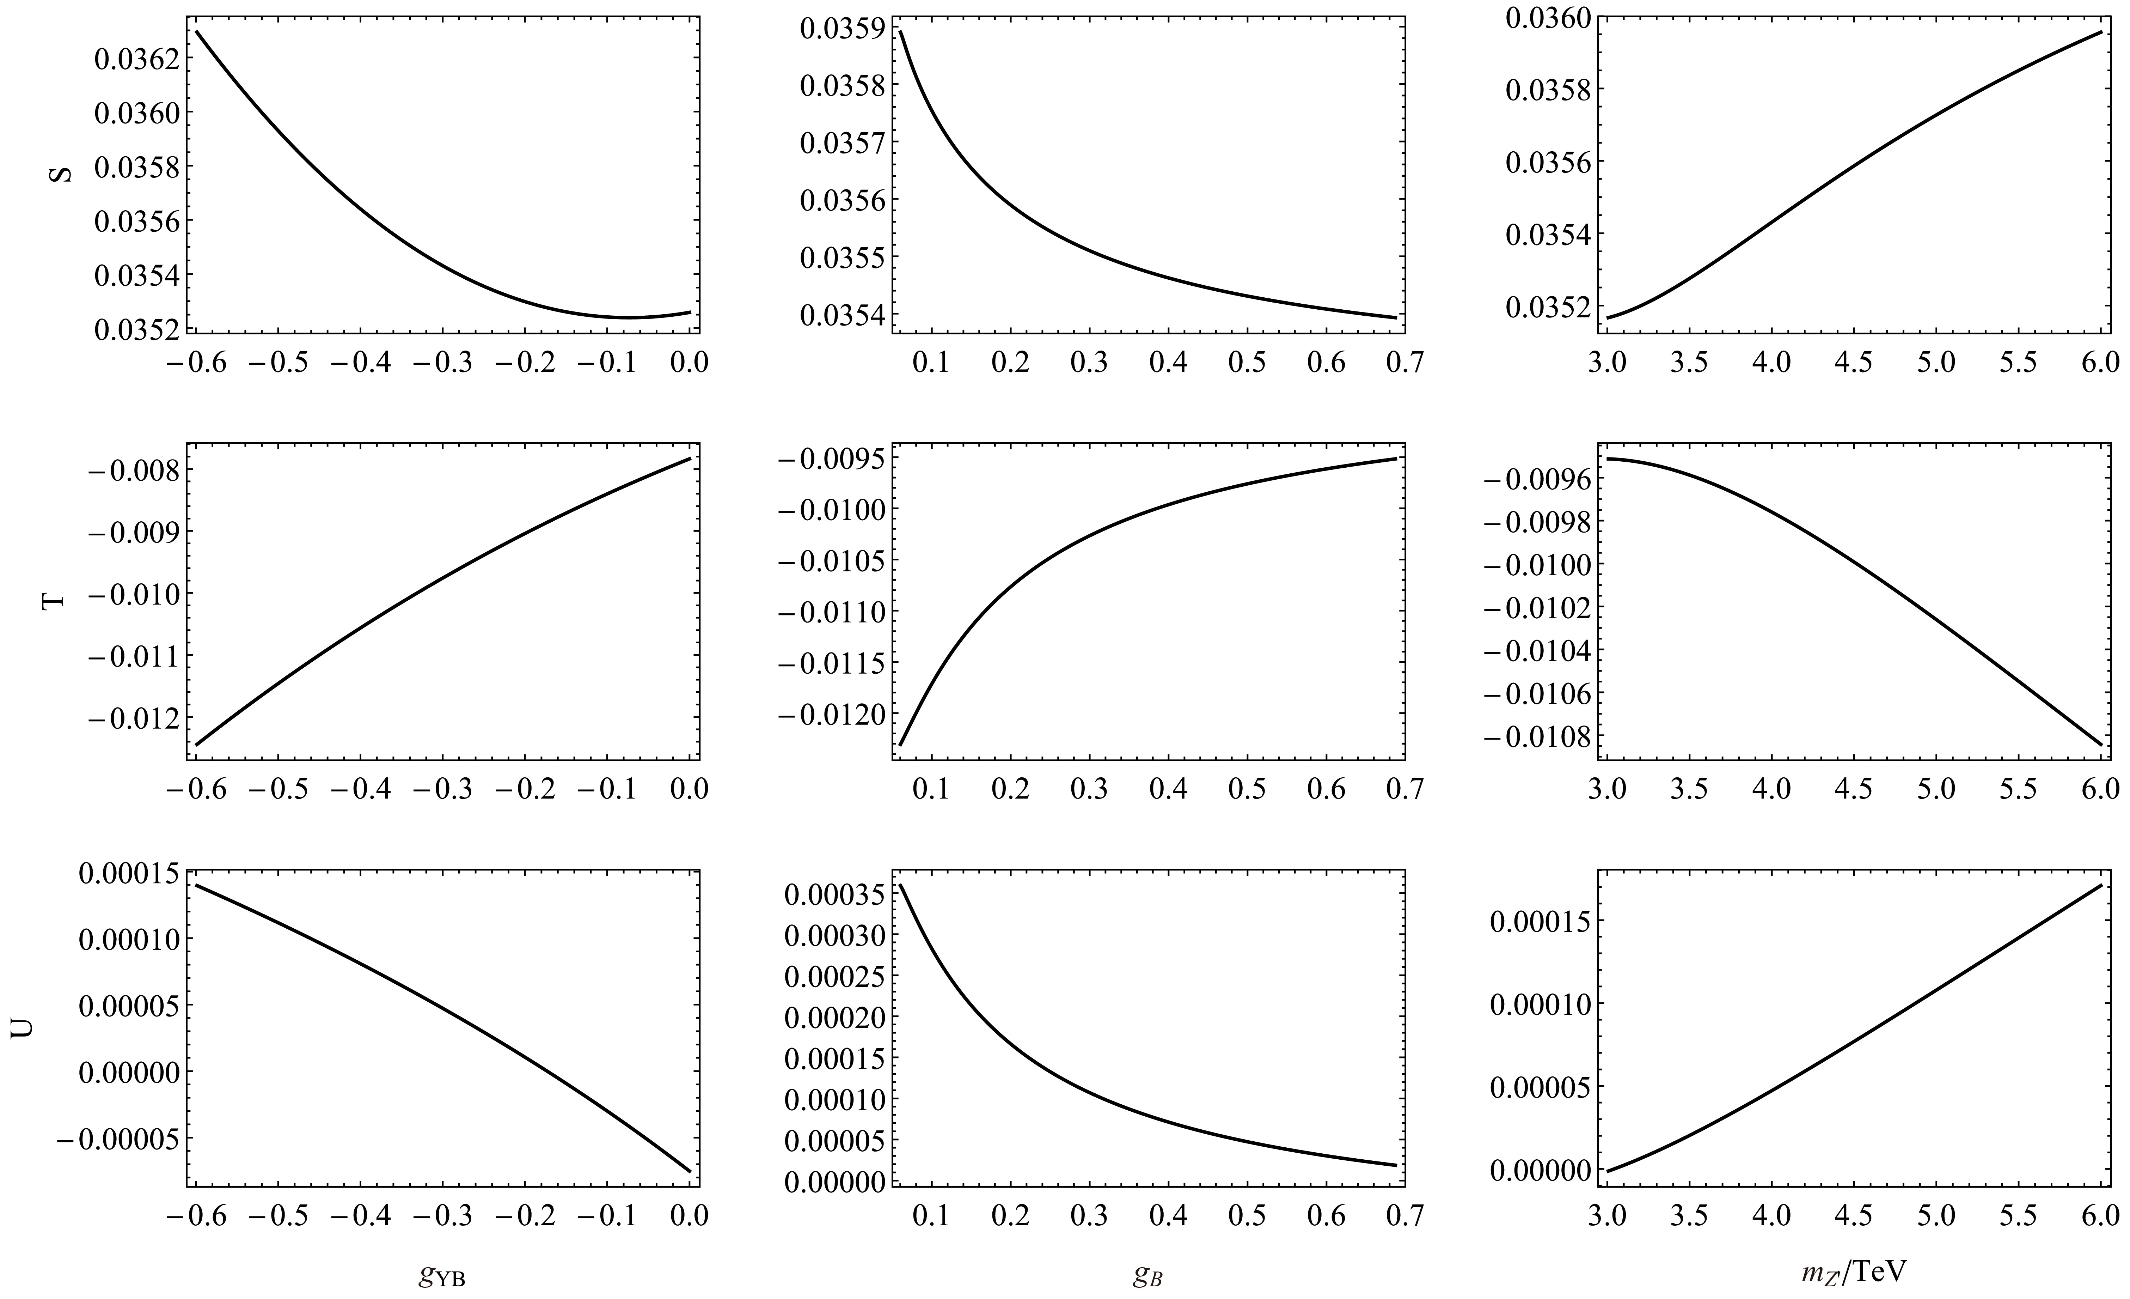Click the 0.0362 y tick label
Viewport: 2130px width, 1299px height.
click(x=134, y=60)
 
